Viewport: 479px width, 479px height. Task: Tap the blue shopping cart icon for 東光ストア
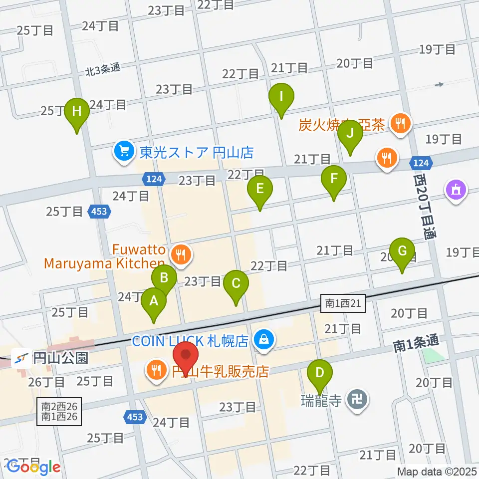[x=123, y=151]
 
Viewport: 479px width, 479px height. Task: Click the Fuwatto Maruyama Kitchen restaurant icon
[x=181, y=255]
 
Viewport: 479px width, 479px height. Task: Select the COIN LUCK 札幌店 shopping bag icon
[x=262, y=341]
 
